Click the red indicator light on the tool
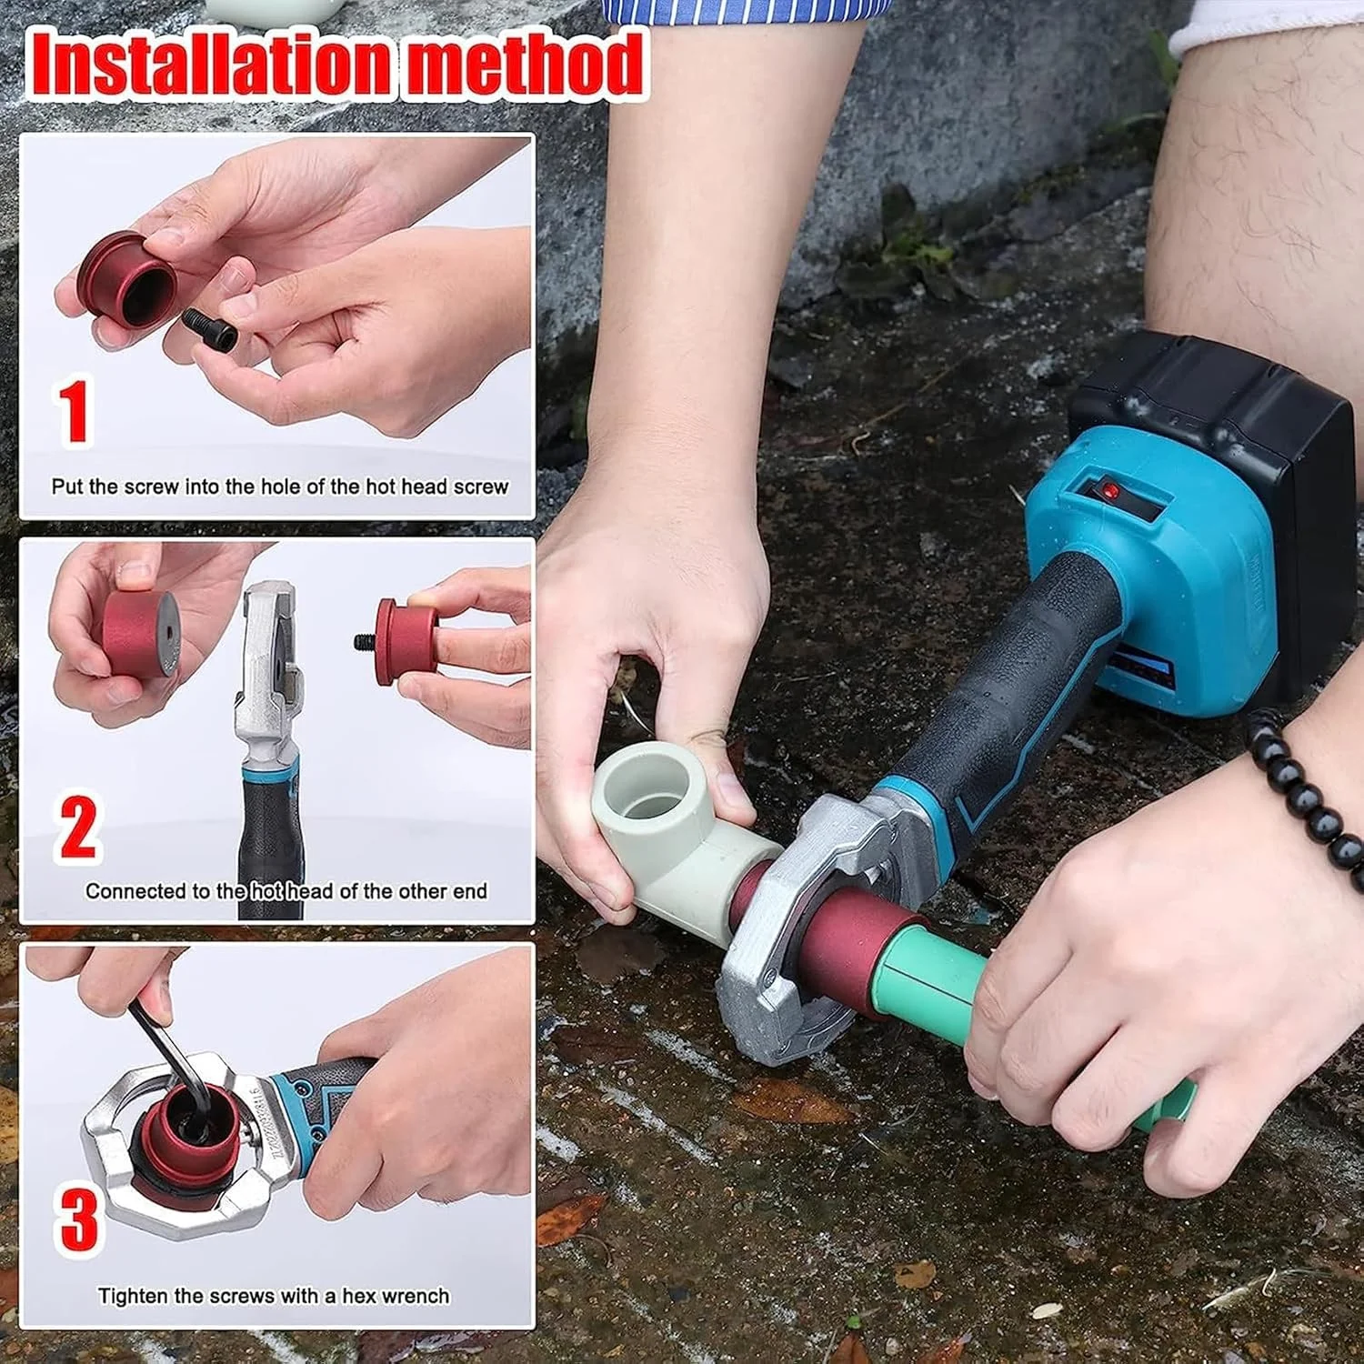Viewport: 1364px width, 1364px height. click(1110, 492)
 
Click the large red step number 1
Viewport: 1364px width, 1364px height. click(74, 412)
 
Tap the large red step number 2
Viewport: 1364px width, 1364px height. click(77, 827)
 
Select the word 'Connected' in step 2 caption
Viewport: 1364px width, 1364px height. click(135, 891)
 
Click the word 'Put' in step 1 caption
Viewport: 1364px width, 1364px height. click(66, 486)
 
